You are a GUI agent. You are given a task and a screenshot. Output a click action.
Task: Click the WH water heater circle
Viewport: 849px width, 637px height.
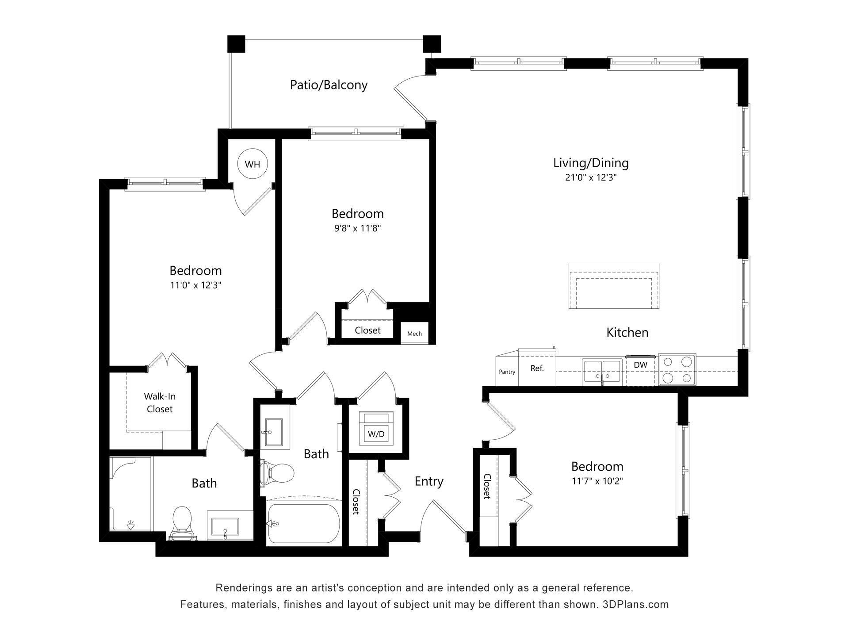[252, 165]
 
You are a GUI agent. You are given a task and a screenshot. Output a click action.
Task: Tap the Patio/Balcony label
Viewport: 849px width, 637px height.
[329, 84]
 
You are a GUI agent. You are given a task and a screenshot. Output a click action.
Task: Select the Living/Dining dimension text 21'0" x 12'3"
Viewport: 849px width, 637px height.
[591, 178]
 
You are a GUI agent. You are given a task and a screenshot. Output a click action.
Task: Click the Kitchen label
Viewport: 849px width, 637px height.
[627, 332]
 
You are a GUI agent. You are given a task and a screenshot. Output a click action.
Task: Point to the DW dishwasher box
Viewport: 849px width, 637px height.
[640, 365]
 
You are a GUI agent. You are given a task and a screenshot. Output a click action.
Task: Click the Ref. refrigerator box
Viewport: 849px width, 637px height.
[537, 368]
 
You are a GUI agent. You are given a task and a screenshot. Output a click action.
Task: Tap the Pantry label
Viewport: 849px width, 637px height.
[507, 372]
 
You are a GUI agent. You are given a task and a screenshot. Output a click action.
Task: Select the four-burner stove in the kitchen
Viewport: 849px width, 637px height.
[677, 370]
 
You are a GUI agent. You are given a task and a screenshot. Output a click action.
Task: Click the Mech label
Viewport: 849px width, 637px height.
[414, 334]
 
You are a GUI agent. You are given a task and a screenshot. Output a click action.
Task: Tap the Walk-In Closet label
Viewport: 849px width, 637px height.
[160, 403]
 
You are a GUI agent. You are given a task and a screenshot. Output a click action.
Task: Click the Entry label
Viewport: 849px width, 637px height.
[429, 481]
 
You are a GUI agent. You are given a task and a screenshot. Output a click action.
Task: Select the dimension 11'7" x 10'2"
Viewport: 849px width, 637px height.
[597, 481]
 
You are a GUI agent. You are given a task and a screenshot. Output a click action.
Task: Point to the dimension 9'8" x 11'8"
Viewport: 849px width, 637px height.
[357, 228]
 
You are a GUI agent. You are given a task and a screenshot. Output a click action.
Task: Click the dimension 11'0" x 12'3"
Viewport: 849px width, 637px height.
[195, 285]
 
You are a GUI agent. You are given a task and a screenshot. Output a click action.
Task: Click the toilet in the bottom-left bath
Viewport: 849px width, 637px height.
[182, 522]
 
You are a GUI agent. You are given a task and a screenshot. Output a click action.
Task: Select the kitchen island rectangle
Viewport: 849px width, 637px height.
[614, 286]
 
